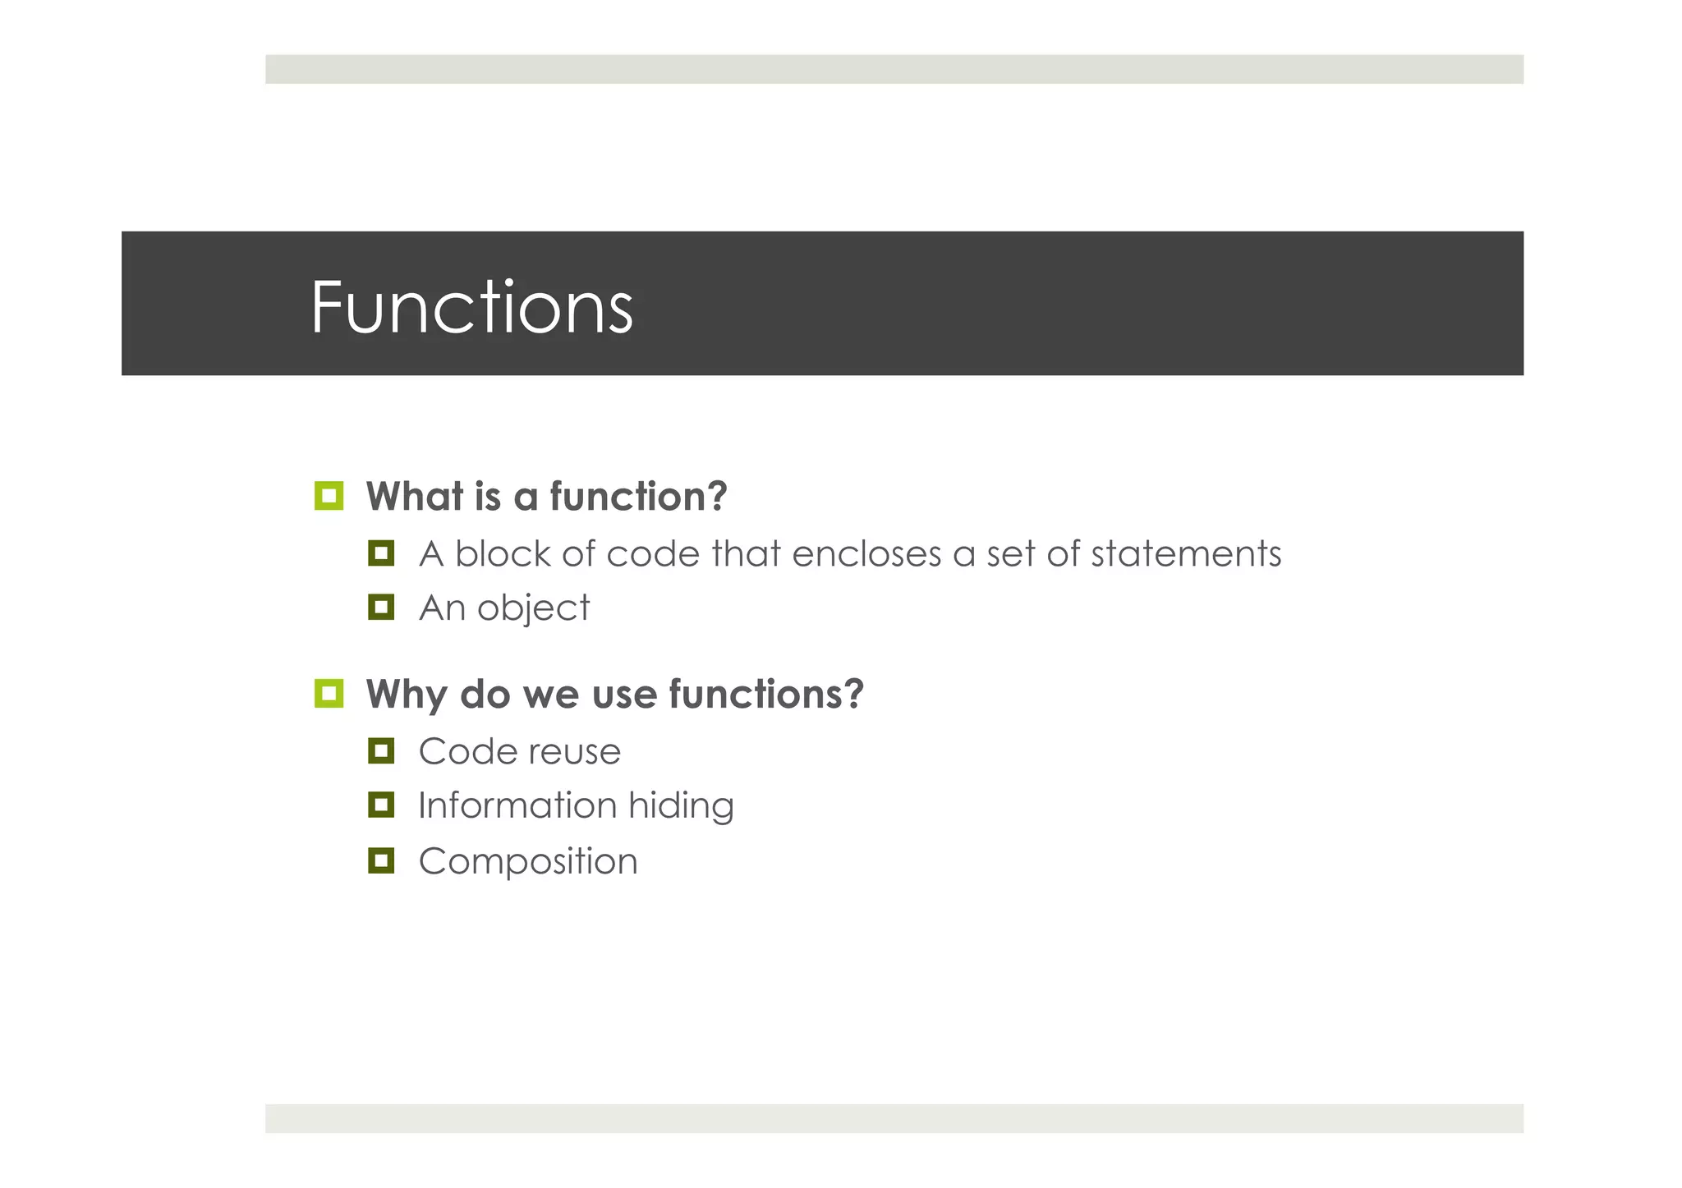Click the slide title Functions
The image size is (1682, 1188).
[x=471, y=307]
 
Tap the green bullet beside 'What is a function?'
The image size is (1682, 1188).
[x=329, y=496]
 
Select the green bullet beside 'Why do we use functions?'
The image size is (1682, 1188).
[x=329, y=693]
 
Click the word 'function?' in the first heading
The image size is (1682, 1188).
[x=638, y=497]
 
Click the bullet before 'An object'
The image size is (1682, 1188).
[x=381, y=608]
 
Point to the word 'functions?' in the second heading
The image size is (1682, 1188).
[x=765, y=695]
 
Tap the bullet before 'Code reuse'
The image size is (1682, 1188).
[x=381, y=750]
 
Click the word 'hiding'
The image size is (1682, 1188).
[x=681, y=806]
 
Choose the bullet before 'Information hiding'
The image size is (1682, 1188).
[x=381, y=805]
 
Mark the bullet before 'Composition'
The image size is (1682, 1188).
[x=381, y=860]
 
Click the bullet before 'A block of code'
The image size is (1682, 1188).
[x=381, y=553]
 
